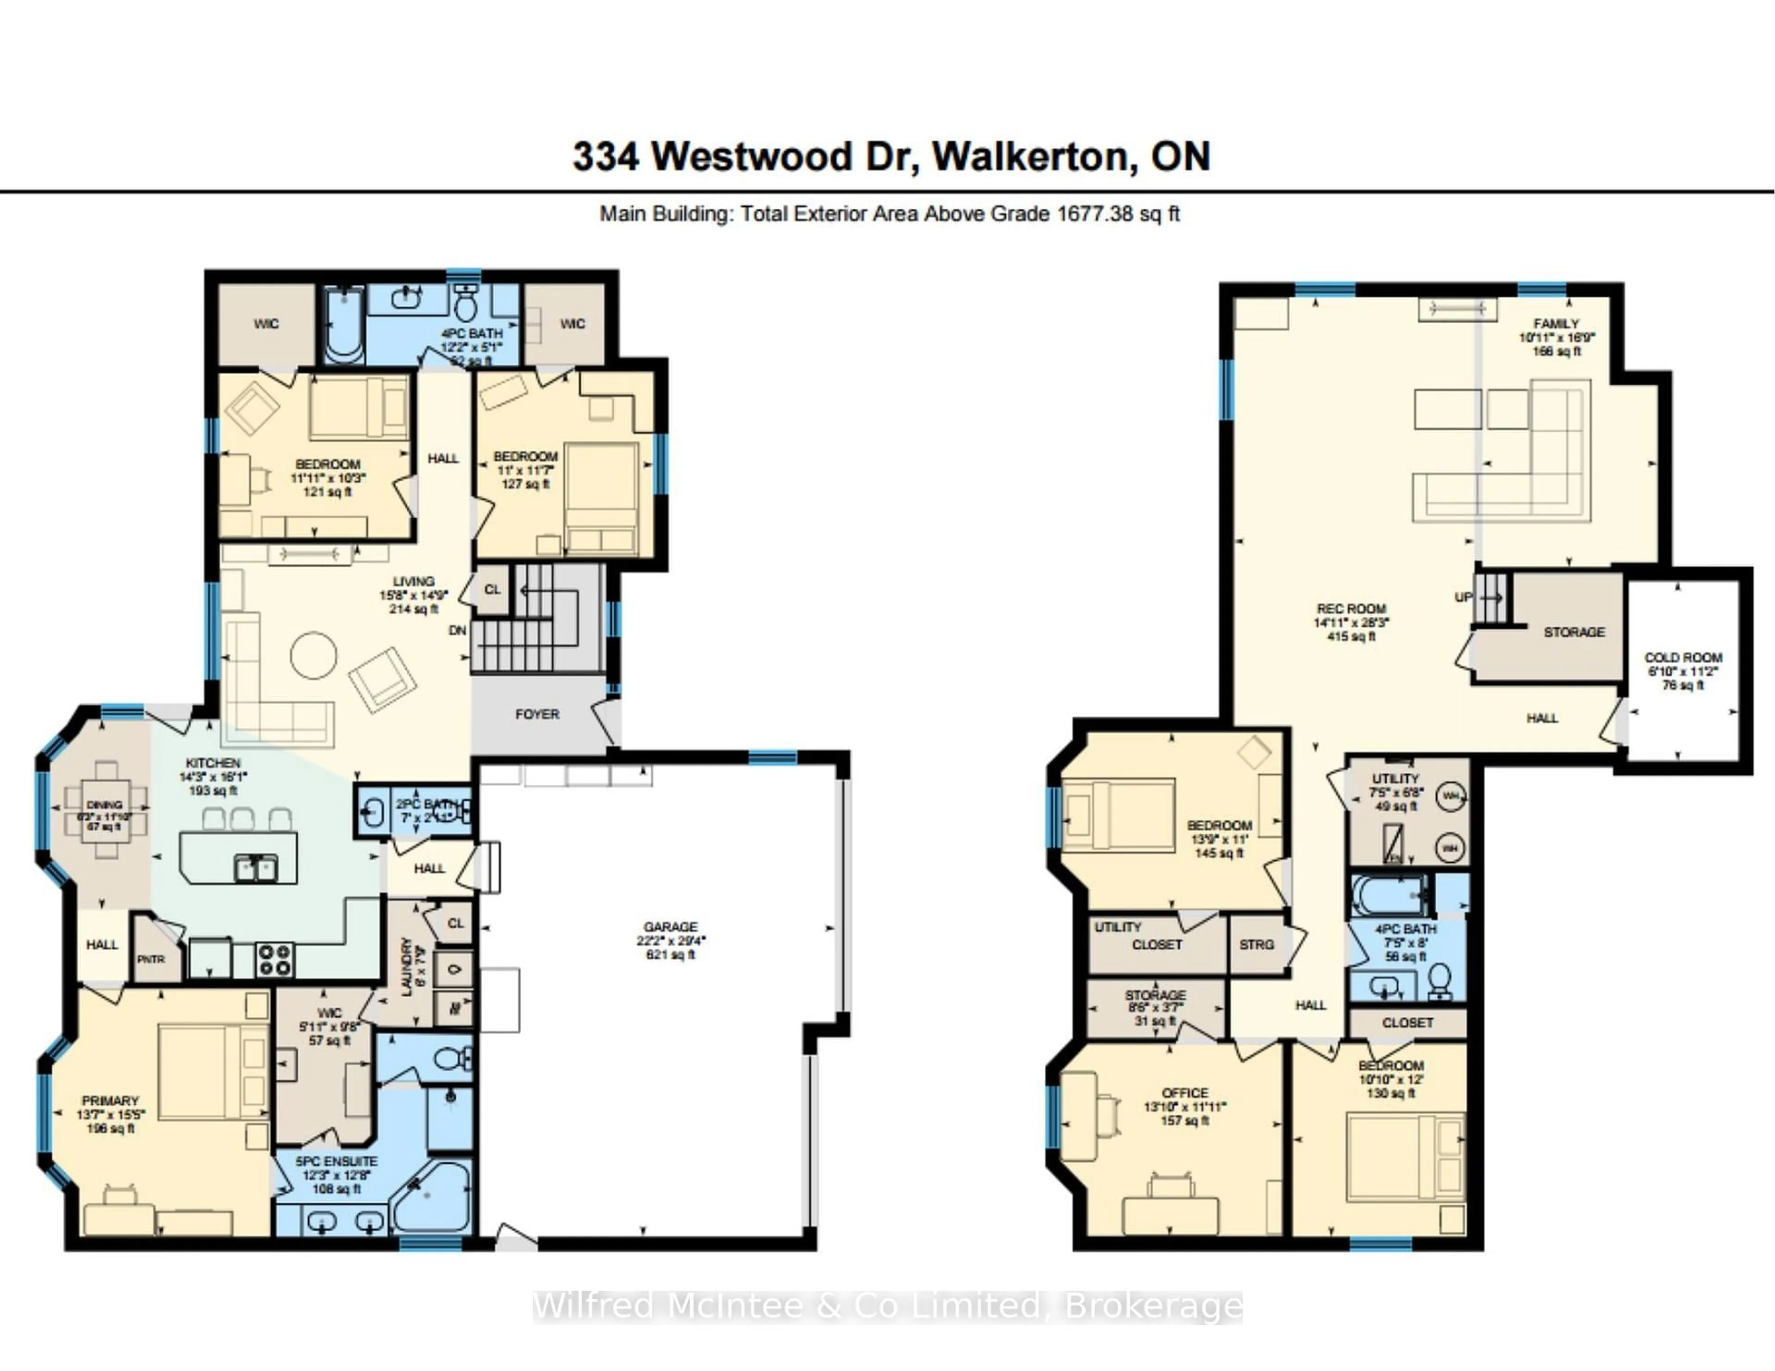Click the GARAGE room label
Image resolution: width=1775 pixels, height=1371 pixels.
(x=671, y=926)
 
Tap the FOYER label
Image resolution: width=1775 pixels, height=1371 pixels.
(x=537, y=714)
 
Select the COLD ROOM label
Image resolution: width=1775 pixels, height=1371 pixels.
(x=1683, y=657)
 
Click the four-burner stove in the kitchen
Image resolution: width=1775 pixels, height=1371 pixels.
(x=275, y=959)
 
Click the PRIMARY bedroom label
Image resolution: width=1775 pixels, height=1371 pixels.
(x=110, y=1101)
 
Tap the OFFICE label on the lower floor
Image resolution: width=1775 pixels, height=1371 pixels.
(x=1185, y=1093)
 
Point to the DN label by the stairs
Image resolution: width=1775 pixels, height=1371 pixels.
(x=458, y=630)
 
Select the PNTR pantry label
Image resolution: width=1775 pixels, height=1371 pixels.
(x=150, y=959)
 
